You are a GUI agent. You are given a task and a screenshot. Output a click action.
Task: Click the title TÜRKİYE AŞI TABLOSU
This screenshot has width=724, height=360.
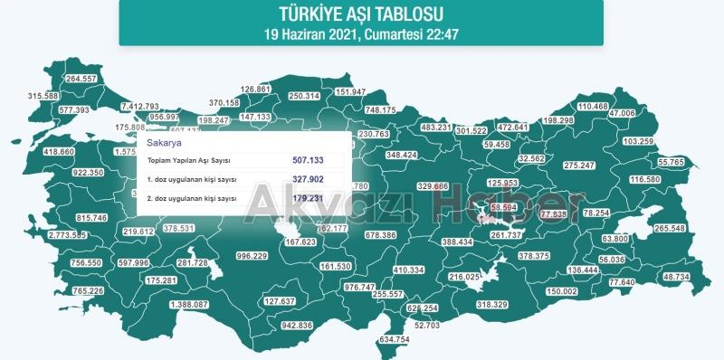pyautogui.click(x=361, y=14)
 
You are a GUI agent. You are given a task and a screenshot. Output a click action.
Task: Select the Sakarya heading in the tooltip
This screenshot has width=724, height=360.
pyautogui.click(x=164, y=143)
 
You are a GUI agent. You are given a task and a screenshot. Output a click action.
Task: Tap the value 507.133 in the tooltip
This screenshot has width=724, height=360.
pyautogui.click(x=308, y=159)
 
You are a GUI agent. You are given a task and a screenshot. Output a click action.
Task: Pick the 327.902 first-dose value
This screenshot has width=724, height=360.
pyautogui.click(x=308, y=179)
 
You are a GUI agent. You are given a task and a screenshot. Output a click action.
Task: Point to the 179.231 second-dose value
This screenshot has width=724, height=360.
pyautogui.click(x=308, y=197)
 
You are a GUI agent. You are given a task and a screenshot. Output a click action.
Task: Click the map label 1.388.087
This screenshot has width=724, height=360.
pyautogui.click(x=189, y=305)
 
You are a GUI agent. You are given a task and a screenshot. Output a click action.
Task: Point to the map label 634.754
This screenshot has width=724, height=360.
pyautogui.click(x=395, y=339)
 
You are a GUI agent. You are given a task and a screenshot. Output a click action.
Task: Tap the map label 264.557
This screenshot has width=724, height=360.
pyautogui.click(x=82, y=79)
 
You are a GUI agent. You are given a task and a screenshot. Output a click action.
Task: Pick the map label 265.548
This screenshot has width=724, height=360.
pyautogui.click(x=671, y=229)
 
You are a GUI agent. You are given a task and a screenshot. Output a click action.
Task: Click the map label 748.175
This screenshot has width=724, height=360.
pyautogui.click(x=380, y=110)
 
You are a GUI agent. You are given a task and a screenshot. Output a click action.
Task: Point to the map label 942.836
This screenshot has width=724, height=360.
pyautogui.click(x=297, y=325)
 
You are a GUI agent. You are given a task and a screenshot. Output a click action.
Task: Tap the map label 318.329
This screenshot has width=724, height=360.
pyautogui.click(x=492, y=305)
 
